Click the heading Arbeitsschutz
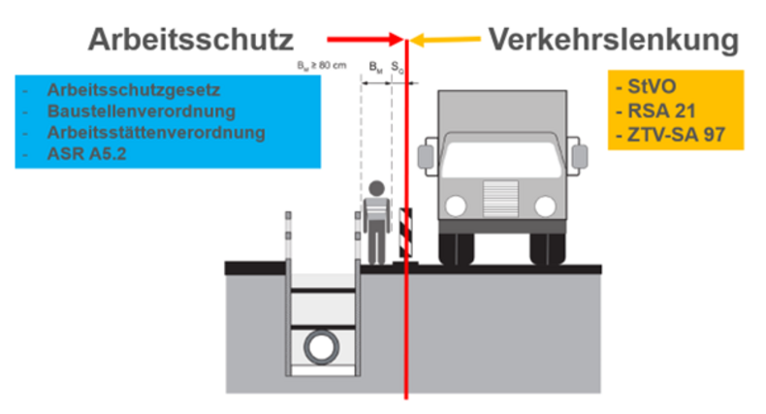(x=191, y=40)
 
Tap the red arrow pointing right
(x=365, y=40)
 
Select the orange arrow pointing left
(x=446, y=40)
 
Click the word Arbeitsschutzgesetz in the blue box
(x=134, y=90)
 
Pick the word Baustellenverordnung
(x=142, y=111)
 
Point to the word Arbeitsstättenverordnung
(x=155, y=132)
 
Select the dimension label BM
(x=376, y=66)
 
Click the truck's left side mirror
(x=425, y=155)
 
